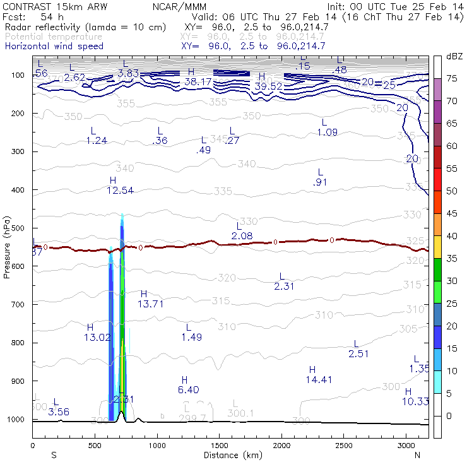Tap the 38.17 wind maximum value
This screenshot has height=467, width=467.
coord(198,81)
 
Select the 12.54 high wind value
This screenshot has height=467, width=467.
coord(120,190)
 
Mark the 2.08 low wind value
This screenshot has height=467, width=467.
coord(242,235)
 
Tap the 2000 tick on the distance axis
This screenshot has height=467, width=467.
coord(281,446)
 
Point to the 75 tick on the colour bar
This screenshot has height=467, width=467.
coord(452,78)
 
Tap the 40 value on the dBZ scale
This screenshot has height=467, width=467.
coord(452,235)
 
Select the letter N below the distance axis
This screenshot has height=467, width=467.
coord(417,454)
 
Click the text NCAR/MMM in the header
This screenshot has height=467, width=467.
coord(179,6)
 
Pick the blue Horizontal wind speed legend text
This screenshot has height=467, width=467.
coord(54,46)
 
